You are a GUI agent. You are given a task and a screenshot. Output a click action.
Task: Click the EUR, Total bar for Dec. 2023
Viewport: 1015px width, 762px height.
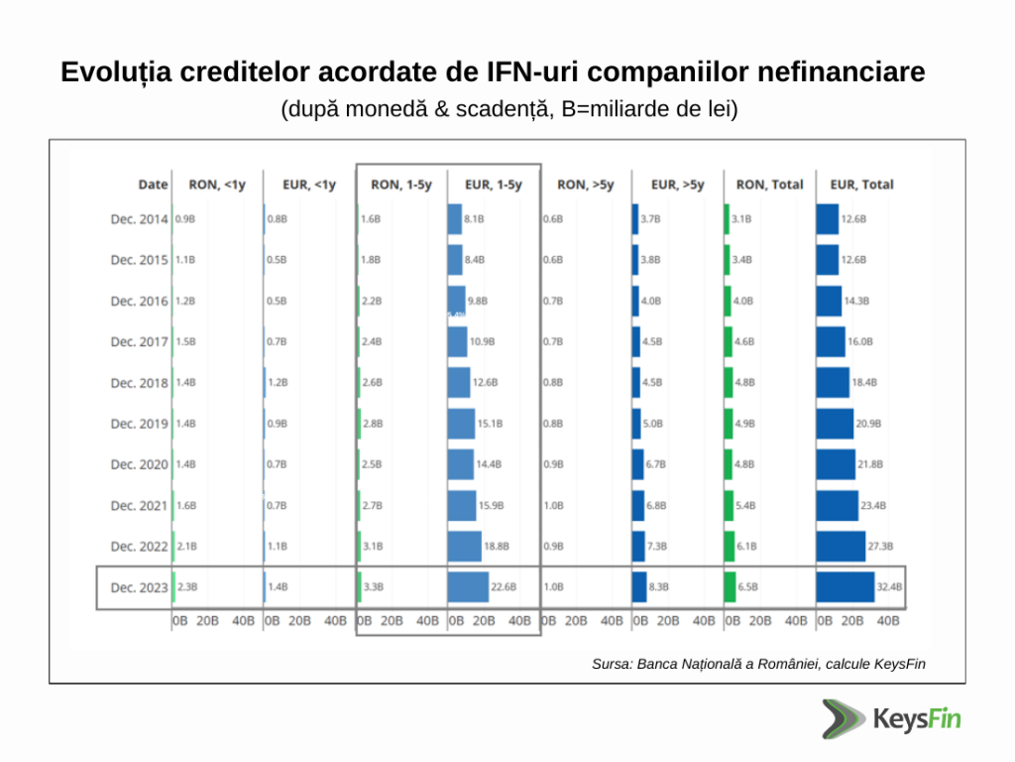(x=845, y=586)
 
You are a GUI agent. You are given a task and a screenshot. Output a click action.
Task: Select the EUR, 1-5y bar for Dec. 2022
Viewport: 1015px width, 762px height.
(x=464, y=546)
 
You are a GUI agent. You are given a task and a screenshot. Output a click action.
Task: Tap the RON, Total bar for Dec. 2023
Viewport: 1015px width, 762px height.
(x=730, y=586)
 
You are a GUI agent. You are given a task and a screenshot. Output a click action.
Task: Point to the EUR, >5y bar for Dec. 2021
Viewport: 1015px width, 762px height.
(x=638, y=505)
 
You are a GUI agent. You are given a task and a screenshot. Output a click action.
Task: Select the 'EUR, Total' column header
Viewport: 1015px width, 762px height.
(x=854, y=184)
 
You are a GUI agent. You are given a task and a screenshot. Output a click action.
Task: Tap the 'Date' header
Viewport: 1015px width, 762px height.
(x=153, y=184)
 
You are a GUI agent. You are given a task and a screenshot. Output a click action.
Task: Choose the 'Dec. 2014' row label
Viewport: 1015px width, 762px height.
(x=139, y=219)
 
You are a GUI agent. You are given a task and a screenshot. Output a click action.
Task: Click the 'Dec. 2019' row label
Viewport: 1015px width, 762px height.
(x=139, y=424)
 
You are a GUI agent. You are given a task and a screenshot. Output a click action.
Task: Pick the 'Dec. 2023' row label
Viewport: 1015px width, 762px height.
(x=139, y=587)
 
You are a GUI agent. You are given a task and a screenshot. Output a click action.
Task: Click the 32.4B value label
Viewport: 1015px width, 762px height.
(x=889, y=587)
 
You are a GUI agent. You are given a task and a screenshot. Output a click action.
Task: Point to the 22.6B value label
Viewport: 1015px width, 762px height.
(x=504, y=587)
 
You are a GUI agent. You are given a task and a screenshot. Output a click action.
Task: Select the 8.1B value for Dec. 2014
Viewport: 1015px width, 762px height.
(x=474, y=219)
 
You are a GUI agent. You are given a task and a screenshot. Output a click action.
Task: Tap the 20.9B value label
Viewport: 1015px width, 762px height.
(x=868, y=424)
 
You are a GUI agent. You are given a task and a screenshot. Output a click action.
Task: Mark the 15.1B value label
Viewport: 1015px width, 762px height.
(x=490, y=424)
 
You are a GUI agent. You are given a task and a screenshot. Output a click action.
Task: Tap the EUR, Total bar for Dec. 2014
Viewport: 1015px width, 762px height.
(x=827, y=219)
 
